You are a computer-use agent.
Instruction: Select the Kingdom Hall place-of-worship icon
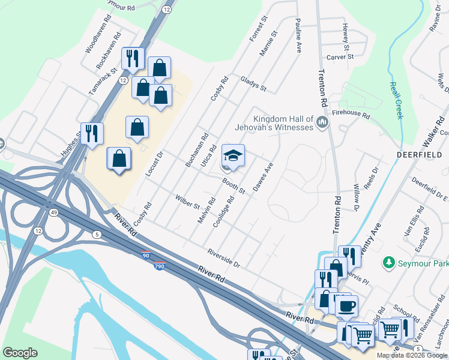click(x=322, y=123)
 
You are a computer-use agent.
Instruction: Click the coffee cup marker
click(x=346, y=306)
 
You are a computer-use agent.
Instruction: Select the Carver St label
click(x=340, y=58)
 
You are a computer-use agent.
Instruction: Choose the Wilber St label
click(x=187, y=202)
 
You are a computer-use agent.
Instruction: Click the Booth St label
click(x=234, y=185)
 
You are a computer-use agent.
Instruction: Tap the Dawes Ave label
click(x=263, y=177)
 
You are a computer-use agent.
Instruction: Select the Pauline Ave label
click(x=298, y=35)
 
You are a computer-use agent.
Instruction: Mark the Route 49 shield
click(x=55, y=212)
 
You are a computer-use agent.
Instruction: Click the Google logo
click(x=20, y=353)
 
